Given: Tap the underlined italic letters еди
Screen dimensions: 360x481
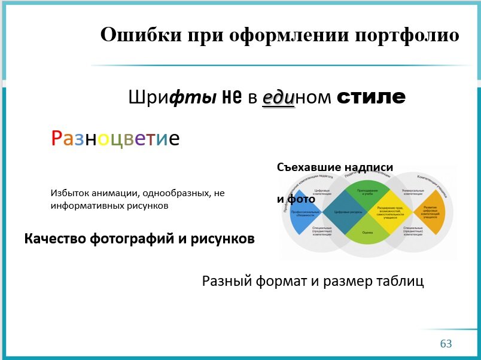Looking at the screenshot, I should (278, 97).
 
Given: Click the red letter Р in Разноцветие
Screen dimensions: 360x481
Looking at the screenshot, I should (56, 139).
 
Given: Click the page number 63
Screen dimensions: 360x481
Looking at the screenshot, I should (446, 344).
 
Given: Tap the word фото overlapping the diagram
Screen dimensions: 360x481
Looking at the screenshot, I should (302, 199).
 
